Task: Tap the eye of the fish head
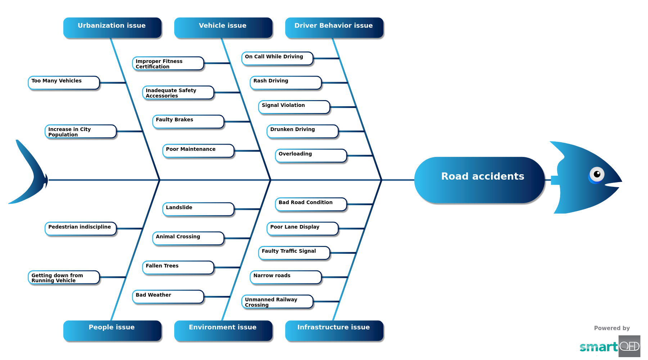pos(597,175)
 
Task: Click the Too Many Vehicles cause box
pos(64,82)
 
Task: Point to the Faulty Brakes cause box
pos(188,122)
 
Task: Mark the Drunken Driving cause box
pos(302,131)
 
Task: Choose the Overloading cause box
pos(311,156)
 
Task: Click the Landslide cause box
pos(198,209)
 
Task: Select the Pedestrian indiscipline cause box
pos(81,229)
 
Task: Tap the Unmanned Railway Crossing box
pos(277,302)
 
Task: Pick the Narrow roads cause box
pos(285,277)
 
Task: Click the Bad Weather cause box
pos(168,297)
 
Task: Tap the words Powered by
pos(612,328)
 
